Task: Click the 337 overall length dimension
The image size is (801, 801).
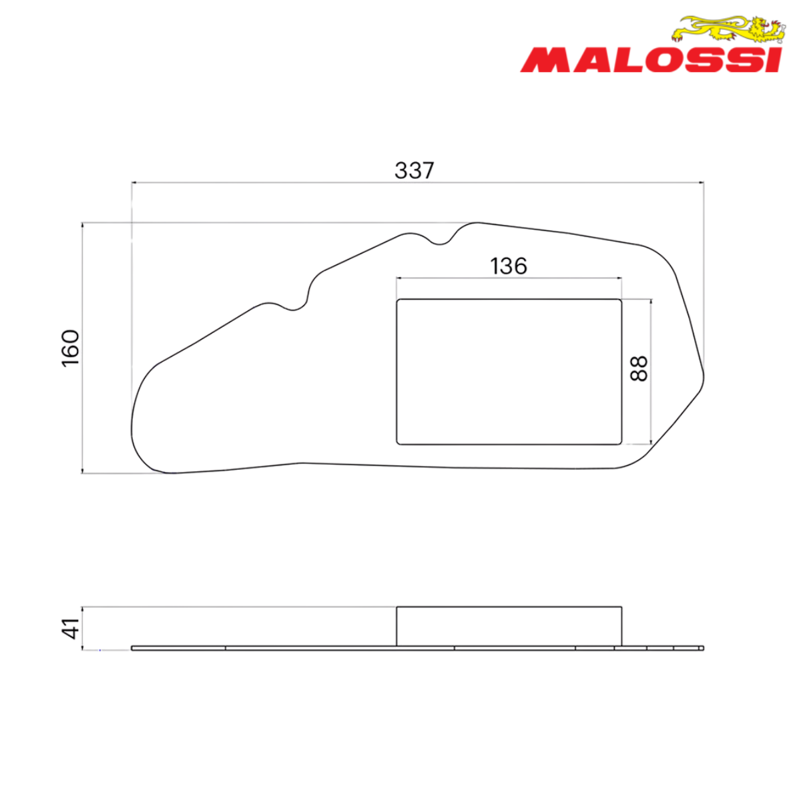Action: (414, 170)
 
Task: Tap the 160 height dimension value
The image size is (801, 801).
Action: (71, 348)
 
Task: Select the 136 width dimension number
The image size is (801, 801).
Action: (509, 266)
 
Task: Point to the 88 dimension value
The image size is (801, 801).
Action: (639, 368)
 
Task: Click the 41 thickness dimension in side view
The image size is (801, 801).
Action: (71, 628)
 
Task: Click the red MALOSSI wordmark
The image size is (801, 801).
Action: (651, 60)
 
